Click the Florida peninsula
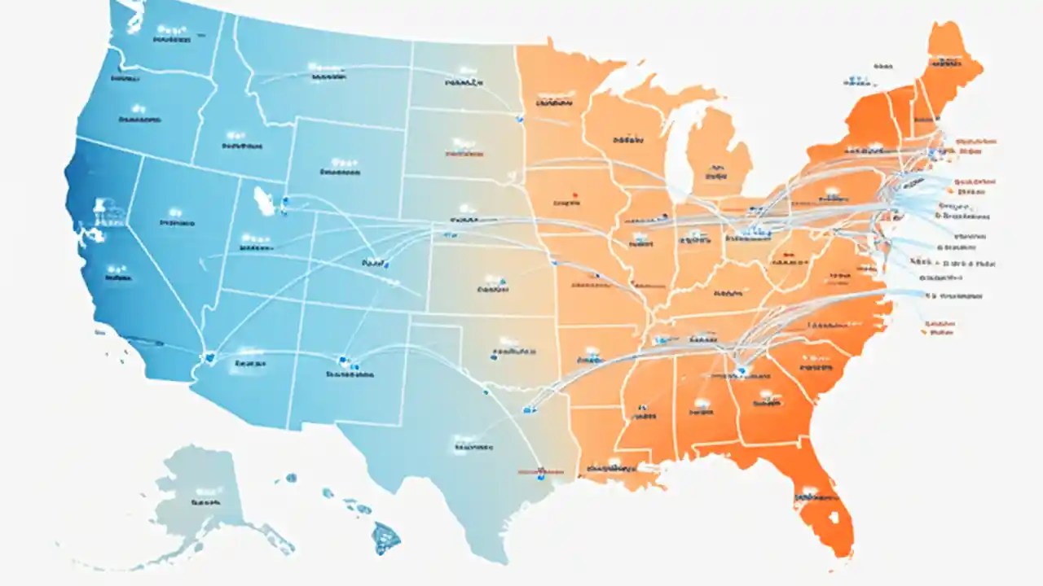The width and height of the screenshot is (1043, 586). point(823,505)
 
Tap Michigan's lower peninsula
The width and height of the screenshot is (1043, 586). point(717,155)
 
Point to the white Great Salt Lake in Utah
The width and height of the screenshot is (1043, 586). point(266,199)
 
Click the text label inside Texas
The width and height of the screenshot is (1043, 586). point(473,447)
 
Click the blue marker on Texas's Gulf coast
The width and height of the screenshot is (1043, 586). point(539,470)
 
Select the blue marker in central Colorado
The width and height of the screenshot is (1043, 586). point(385,264)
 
